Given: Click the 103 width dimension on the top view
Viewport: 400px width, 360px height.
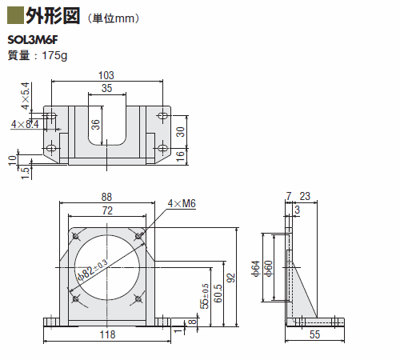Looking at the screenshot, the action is click(x=106, y=75).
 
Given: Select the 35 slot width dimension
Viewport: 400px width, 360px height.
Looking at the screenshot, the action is click(x=107, y=88).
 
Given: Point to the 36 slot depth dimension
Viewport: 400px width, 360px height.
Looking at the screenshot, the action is click(x=95, y=125).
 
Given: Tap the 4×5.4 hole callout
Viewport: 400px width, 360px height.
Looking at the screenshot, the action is click(x=26, y=96).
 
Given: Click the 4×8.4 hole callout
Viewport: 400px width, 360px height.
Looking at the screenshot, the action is click(x=25, y=124).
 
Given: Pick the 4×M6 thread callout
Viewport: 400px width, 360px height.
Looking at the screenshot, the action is click(x=182, y=204).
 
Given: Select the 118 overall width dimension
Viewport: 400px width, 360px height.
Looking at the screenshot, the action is click(x=107, y=334).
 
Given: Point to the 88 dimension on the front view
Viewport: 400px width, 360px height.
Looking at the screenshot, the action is click(x=106, y=197).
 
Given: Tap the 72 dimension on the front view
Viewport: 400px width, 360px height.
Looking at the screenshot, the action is click(x=107, y=210).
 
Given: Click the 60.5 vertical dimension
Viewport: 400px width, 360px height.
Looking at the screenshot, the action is click(x=218, y=294).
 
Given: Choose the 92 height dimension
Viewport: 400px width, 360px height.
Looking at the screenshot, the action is click(x=232, y=278).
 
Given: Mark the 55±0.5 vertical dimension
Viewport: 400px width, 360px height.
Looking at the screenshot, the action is click(x=205, y=296).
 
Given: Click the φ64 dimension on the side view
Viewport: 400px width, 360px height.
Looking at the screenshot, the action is click(x=255, y=269).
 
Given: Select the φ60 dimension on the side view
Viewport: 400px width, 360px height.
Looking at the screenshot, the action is click(x=269, y=269).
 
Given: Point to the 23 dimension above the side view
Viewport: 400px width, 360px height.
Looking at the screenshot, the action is click(x=305, y=196).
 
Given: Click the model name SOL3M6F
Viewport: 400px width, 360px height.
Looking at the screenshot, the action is click(x=33, y=40).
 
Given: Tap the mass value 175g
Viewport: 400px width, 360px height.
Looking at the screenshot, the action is click(x=54, y=55).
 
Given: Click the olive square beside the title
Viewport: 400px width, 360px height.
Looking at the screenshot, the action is click(x=15, y=16).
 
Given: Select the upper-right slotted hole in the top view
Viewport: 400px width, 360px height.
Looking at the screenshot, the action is click(x=162, y=116).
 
